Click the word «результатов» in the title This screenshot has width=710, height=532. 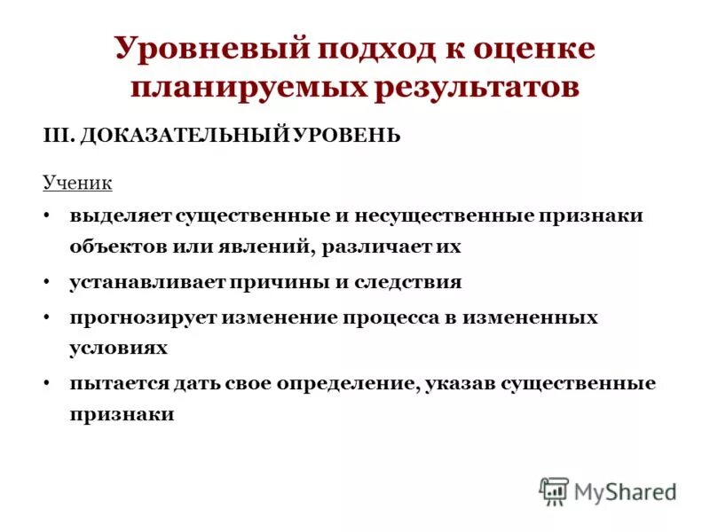click(x=477, y=88)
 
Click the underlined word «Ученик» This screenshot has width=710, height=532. click(x=78, y=183)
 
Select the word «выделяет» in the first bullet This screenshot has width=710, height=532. click(x=122, y=215)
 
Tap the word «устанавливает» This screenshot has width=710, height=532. click(x=147, y=283)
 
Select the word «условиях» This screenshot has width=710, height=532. click(x=118, y=348)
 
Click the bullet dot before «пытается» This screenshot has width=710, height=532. click(x=45, y=384)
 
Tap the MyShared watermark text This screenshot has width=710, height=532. click(x=625, y=490)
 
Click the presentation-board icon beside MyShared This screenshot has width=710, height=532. click(x=554, y=490)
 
